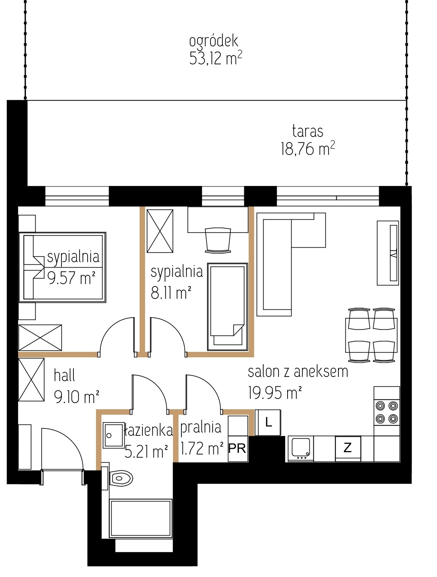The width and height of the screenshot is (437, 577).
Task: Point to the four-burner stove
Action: click(x=386, y=413)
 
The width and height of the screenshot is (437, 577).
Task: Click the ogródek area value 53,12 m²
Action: click(x=216, y=58)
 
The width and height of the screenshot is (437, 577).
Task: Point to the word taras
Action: click(x=308, y=131)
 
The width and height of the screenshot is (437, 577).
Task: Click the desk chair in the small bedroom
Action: click(x=218, y=240)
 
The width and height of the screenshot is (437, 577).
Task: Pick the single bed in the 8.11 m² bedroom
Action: click(x=228, y=307)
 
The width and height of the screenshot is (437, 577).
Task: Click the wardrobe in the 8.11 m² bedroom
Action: click(x=160, y=231)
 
